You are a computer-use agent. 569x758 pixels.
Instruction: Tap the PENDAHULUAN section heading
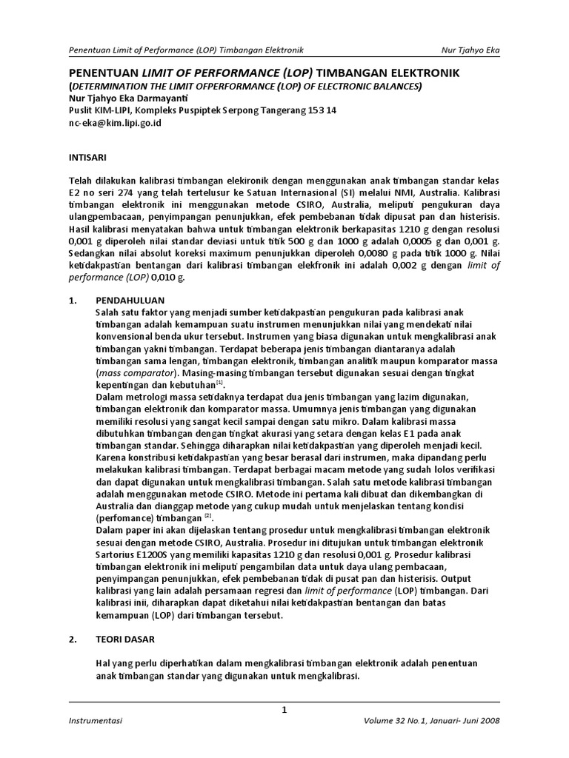click(130, 302)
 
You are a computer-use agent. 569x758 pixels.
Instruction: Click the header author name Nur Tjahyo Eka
click(470, 50)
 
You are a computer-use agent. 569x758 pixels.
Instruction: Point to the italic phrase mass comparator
click(138, 373)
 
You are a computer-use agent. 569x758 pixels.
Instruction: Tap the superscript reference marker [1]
click(220, 383)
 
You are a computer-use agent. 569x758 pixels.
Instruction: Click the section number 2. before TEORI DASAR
click(73, 637)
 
